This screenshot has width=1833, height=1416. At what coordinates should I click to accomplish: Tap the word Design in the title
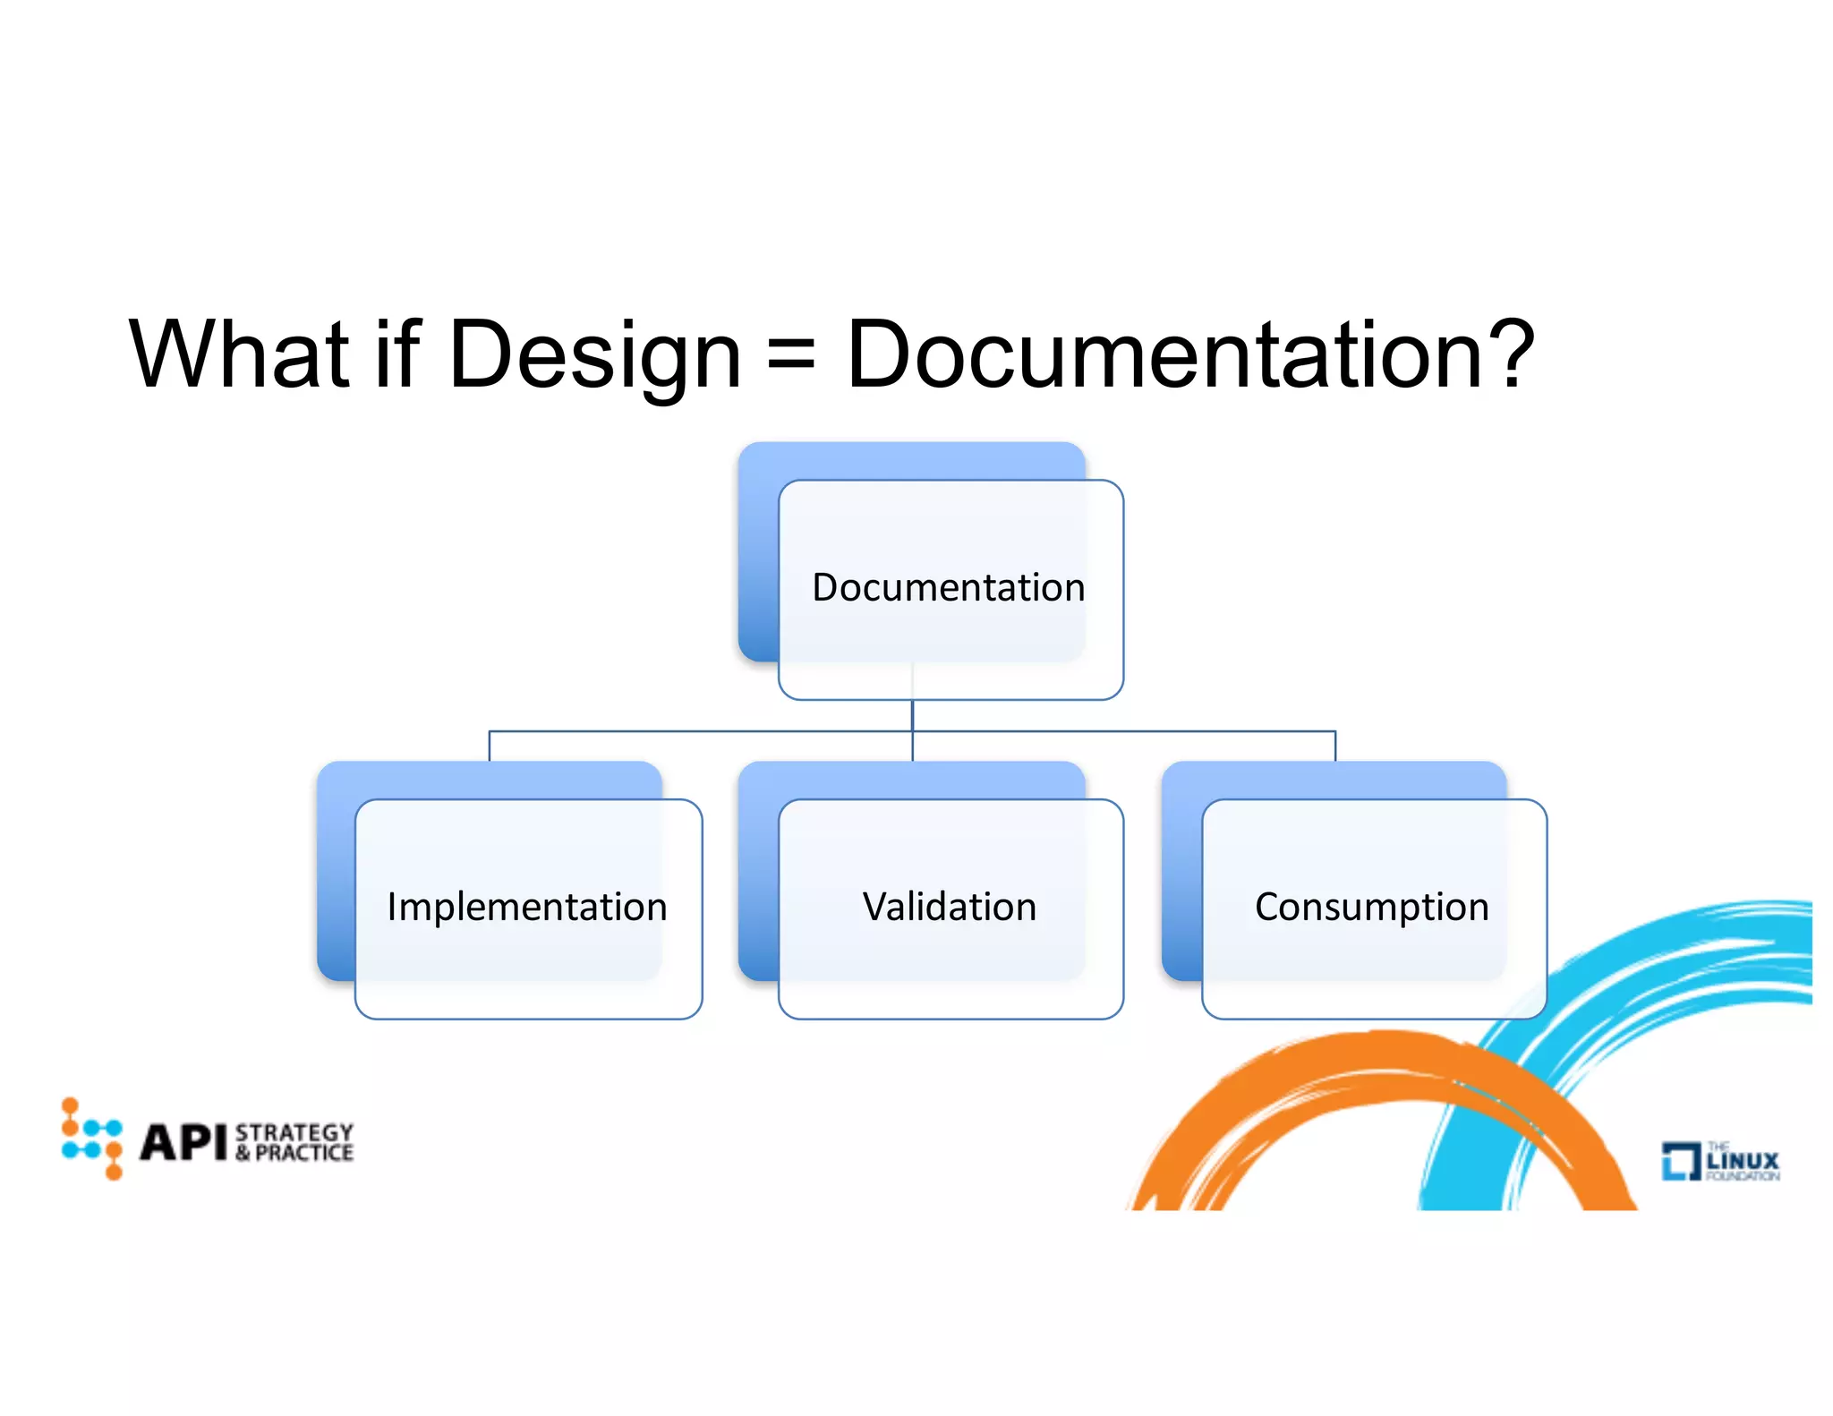pyautogui.click(x=594, y=356)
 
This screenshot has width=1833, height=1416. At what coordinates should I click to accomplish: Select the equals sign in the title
pyautogui.click(x=792, y=356)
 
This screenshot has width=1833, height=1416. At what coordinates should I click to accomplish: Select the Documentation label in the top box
pyautogui.click(x=949, y=588)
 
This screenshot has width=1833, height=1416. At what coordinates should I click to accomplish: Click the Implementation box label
pyautogui.click(x=527, y=908)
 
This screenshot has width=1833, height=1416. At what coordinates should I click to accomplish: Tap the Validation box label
pyautogui.click(x=950, y=908)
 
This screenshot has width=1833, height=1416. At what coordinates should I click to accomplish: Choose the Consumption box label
pyautogui.click(x=1372, y=908)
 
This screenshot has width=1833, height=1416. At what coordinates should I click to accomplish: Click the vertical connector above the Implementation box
pyautogui.click(x=490, y=746)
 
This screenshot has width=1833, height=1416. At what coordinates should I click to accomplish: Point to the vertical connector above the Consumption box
pyautogui.click(x=1335, y=746)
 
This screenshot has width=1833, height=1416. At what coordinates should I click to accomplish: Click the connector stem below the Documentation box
pyautogui.click(x=912, y=716)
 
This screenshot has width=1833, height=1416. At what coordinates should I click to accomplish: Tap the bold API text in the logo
pyautogui.click(x=183, y=1142)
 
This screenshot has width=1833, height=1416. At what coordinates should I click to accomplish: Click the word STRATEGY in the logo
pyautogui.click(x=294, y=1132)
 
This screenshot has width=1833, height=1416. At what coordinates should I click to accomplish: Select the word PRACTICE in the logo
pyautogui.click(x=304, y=1153)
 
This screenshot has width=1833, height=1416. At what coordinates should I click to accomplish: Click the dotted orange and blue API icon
pyautogui.click(x=92, y=1139)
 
